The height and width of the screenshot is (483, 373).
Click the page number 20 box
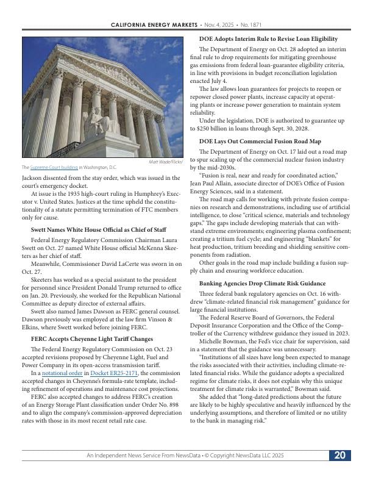click(x=340, y=456)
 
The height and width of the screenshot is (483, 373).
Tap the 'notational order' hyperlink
click(x=63, y=373)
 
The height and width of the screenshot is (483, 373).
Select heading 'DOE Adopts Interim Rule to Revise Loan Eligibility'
click(x=268, y=39)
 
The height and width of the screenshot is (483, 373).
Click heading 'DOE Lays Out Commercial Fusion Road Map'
click(x=260, y=142)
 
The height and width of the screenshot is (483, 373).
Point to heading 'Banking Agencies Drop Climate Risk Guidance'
click(x=263, y=284)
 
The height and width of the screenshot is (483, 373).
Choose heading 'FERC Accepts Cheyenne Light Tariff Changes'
click(x=91, y=338)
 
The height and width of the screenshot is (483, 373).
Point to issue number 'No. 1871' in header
click(x=250, y=24)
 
